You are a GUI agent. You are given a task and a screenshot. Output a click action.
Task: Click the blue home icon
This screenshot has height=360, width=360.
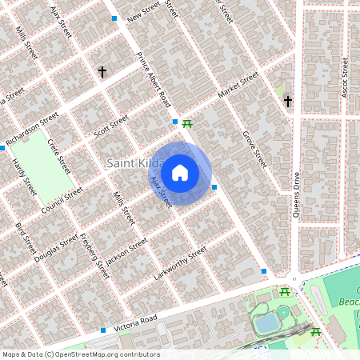coord(180,172)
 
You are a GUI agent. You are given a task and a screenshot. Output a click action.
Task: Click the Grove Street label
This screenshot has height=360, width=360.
coord(254,150)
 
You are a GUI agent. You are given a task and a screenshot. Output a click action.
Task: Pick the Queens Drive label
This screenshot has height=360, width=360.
coord(296,194)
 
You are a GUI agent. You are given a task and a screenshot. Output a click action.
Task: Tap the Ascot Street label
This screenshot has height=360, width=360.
coord(346,78)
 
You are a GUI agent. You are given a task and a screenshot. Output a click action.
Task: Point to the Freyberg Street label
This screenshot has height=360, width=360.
coord(93,255)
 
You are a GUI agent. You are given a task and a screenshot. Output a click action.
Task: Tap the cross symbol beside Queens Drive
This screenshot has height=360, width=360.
coord(288,102)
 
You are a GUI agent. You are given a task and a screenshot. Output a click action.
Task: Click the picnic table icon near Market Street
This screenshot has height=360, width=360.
coord(187,123)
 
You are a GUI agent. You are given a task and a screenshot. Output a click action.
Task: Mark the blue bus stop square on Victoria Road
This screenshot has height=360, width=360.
coord(103,330)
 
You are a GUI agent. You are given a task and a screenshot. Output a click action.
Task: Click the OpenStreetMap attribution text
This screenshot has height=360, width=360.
coord(80,354)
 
